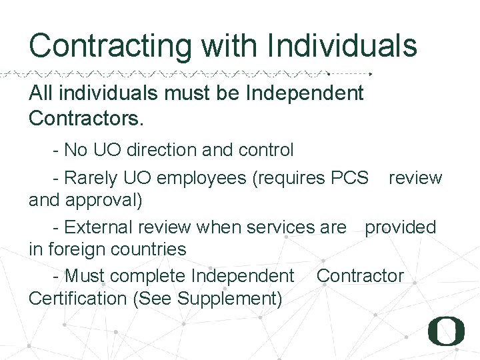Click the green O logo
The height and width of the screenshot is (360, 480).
click(x=446, y=331)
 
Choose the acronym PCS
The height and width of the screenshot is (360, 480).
click(x=349, y=178)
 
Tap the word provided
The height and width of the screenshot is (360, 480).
click(x=400, y=227)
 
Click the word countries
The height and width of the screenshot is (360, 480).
click(x=151, y=249)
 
